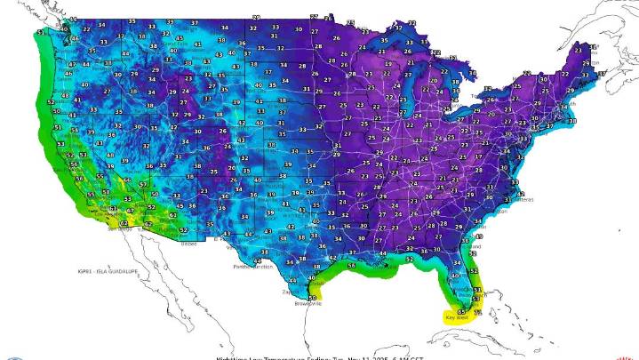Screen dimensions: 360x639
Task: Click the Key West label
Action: [456, 317]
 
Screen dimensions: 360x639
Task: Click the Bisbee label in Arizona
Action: [188, 242]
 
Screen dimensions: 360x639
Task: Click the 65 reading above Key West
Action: [460, 311]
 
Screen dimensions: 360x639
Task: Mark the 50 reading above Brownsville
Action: [311, 298]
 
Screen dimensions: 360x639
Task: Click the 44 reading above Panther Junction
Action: [255, 260]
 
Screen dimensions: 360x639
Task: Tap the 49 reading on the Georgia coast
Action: [478, 236]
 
